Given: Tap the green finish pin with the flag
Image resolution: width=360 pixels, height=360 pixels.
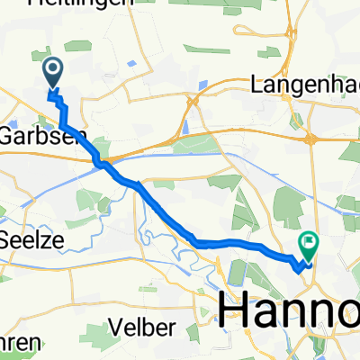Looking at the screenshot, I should [310, 241].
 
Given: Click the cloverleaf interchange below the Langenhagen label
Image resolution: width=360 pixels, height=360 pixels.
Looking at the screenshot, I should [310, 138].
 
